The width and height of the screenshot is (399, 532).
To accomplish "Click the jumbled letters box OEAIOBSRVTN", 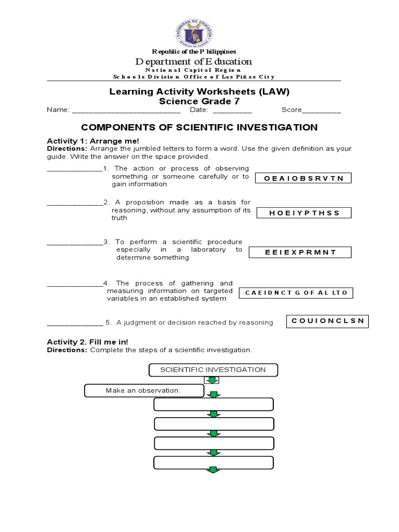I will pyautogui.click(x=303, y=178).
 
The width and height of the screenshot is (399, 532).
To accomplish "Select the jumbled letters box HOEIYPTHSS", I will pyautogui.click(x=303, y=212).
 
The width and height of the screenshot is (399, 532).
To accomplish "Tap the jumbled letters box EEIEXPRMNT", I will pyautogui.click(x=300, y=252).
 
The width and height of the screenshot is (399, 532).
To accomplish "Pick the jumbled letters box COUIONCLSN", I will pyautogui.click(x=327, y=322).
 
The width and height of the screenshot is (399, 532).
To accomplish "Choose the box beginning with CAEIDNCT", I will pyautogui.click(x=296, y=293).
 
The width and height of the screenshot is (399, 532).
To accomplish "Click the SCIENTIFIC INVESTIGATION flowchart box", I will pyautogui.click(x=213, y=370).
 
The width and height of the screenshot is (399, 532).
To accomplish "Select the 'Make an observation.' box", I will pyautogui.click(x=143, y=391).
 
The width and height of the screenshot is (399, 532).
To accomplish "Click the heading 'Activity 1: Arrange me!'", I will pyautogui.click(x=93, y=141).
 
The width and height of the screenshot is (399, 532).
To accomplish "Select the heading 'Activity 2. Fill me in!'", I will pyautogui.click(x=87, y=341).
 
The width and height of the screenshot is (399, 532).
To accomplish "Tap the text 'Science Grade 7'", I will pyautogui.click(x=199, y=101).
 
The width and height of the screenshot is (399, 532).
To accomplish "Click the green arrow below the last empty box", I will pyautogui.click(x=213, y=470).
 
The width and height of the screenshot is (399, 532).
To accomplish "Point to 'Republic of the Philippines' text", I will pyautogui.click(x=194, y=51).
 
